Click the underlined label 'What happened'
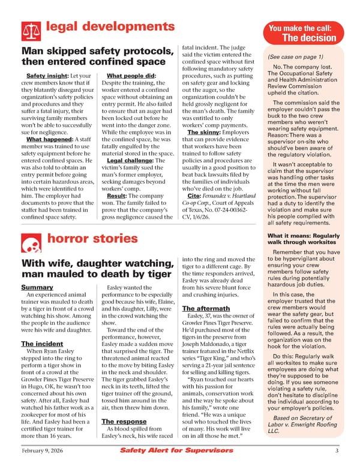[x=49, y=139]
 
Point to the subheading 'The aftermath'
[x=206, y=307]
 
